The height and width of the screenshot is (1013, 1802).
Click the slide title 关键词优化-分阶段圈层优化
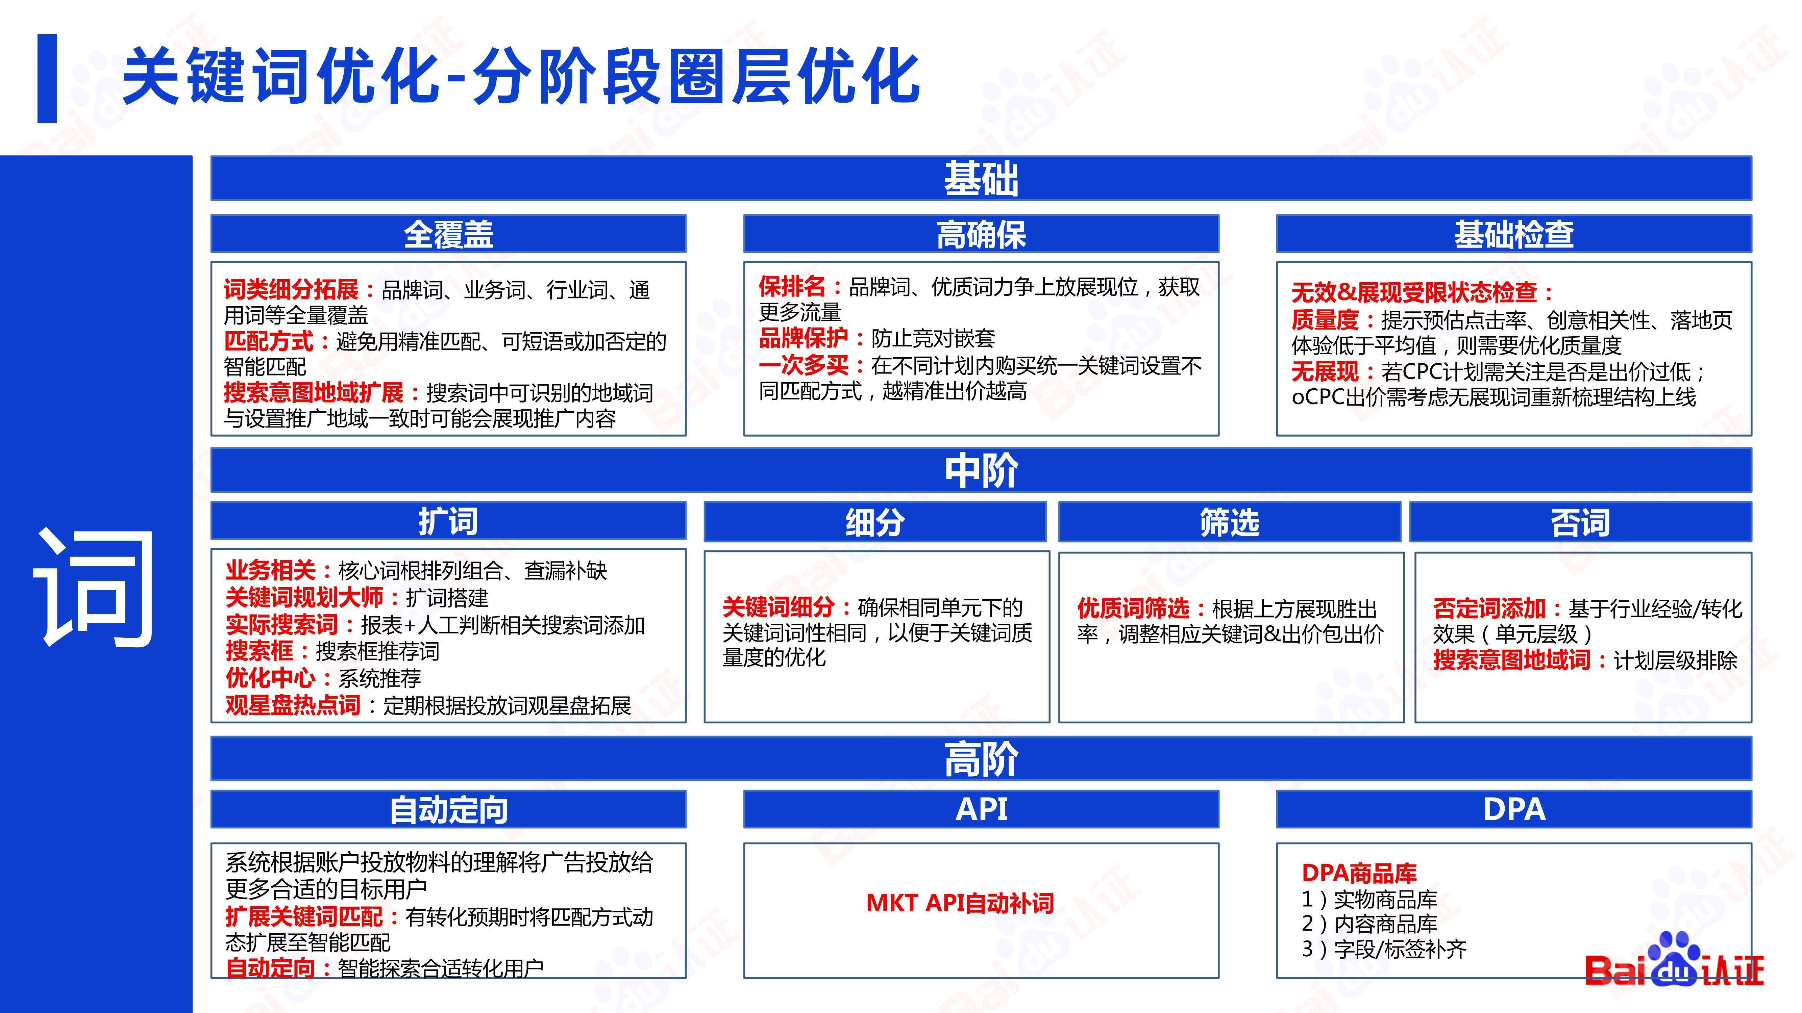pos(520,76)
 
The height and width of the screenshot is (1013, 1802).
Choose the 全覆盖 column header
pos(448,234)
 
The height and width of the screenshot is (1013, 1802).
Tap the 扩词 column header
pos(448,521)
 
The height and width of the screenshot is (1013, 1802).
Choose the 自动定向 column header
pos(448,809)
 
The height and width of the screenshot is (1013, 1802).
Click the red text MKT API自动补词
pos(960,903)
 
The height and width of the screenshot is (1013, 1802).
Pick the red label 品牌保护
pos(804,338)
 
